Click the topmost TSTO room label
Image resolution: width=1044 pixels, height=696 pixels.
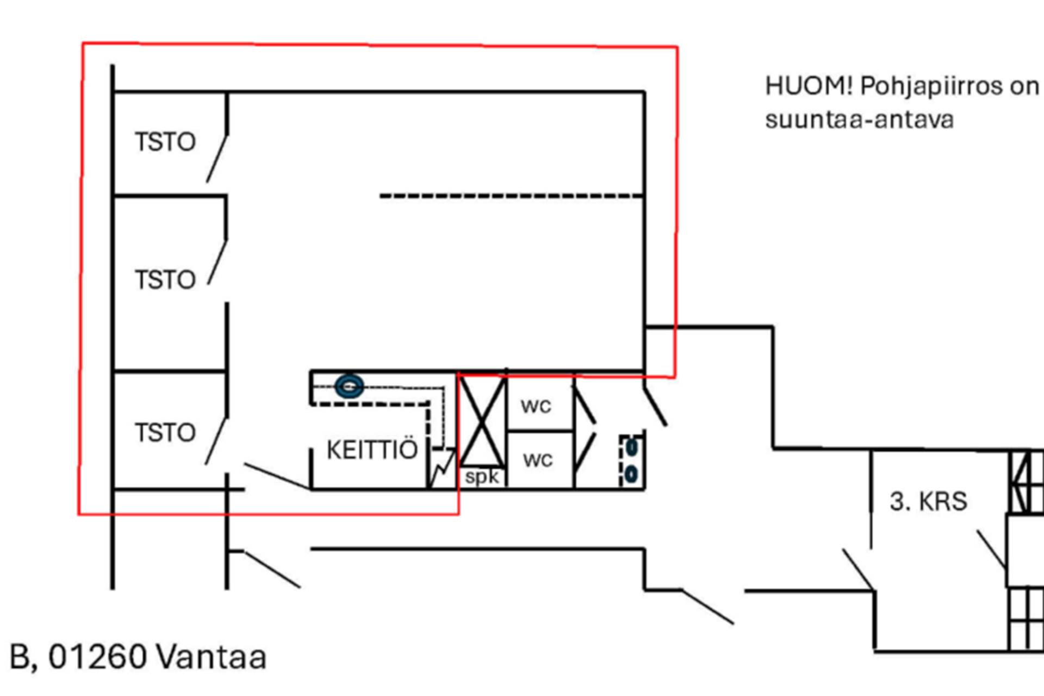(x=165, y=142)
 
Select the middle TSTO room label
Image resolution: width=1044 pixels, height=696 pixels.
(x=165, y=280)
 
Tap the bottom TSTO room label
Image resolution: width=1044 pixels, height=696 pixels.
(x=165, y=433)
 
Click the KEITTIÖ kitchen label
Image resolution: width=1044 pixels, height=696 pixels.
(x=372, y=450)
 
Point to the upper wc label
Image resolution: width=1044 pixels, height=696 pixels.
(x=536, y=406)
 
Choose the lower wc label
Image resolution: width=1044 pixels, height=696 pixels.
(x=538, y=460)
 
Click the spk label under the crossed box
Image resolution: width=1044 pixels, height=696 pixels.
(x=482, y=477)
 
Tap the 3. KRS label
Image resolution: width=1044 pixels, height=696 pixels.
(x=929, y=501)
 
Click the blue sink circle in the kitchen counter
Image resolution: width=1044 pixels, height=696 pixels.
(x=349, y=387)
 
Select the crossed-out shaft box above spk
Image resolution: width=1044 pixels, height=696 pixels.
(x=482, y=421)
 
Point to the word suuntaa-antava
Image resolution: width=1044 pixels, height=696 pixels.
(x=859, y=120)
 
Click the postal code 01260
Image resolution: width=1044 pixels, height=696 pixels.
(x=98, y=657)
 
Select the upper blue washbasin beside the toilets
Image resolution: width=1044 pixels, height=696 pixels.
(x=631, y=448)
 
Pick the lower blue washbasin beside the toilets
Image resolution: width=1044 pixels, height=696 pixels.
(x=631, y=475)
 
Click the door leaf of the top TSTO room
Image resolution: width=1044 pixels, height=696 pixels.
(x=216, y=158)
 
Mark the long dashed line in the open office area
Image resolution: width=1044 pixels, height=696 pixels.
(x=511, y=196)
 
